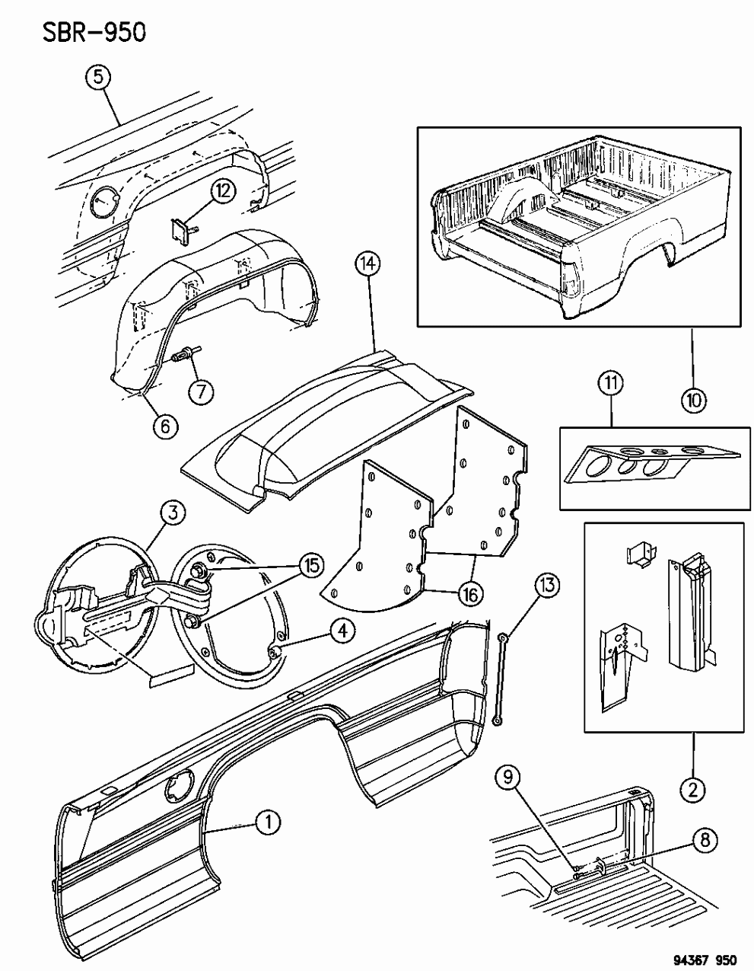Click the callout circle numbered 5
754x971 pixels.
click(97, 78)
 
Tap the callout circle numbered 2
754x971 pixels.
click(692, 791)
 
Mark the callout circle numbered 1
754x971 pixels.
click(267, 822)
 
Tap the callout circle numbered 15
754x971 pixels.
click(310, 564)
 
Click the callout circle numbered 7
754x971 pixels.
click(201, 392)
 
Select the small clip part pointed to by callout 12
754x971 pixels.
click(183, 231)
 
